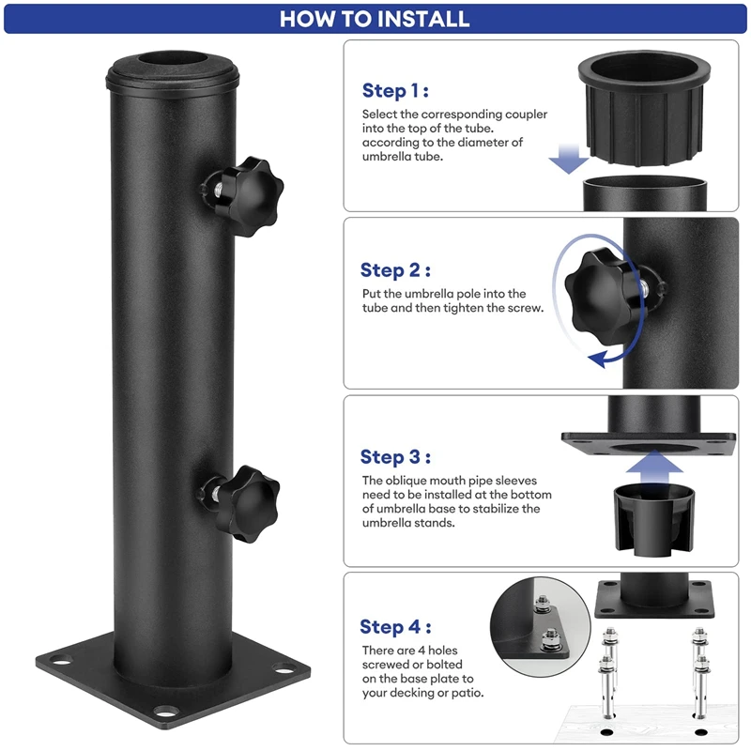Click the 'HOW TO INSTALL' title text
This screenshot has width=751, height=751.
coord(375,19)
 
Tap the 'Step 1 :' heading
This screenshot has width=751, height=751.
coord(395,90)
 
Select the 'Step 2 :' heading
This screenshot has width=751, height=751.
coord(395,270)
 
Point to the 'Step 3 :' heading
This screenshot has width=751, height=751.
coord(395,457)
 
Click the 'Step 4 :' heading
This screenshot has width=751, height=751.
coord(395,627)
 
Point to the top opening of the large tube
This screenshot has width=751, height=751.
coord(173,59)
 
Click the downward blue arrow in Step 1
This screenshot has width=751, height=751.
coord(569,159)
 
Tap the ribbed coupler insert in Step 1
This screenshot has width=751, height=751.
coord(644,108)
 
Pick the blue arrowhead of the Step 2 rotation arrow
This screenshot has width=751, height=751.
coord(597,360)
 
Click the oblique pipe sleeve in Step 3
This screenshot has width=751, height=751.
coord(654,520)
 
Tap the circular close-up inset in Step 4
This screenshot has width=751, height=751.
coord(541,627)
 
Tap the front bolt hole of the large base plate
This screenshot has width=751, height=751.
coord(166,712)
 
